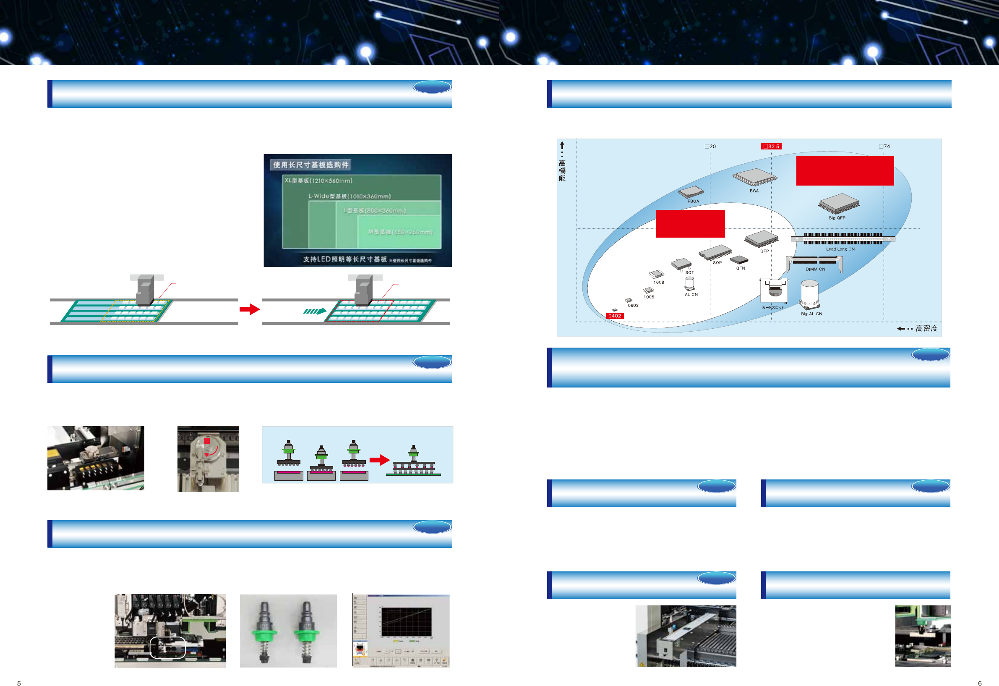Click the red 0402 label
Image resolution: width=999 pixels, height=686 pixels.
[614, 316]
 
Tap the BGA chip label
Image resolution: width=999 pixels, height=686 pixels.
[754, 191]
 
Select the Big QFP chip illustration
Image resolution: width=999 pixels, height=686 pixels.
[839, 203]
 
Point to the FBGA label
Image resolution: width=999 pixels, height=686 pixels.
[693, 201]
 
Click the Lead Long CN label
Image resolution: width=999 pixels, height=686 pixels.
[840, 249]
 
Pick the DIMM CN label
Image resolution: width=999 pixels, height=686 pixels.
[815, 269]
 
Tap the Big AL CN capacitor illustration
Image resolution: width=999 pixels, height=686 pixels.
[809, 294]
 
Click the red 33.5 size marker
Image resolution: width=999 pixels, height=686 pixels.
[771, 146]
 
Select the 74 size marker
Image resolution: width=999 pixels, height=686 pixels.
[884, 146]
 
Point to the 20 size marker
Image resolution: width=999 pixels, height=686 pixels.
[710, 146]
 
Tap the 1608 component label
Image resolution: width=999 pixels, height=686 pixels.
[659, 283]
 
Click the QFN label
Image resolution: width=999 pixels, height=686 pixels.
[740, 268]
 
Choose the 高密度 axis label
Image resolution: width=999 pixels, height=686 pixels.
[926, 329]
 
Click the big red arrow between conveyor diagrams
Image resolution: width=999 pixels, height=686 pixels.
[249, 309]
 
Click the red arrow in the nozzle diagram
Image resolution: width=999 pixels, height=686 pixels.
[379, 460]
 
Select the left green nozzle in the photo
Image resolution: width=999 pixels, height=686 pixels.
[264, 631]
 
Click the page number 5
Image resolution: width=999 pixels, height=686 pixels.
[19, 683]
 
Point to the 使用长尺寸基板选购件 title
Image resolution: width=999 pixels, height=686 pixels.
[311, 165]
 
